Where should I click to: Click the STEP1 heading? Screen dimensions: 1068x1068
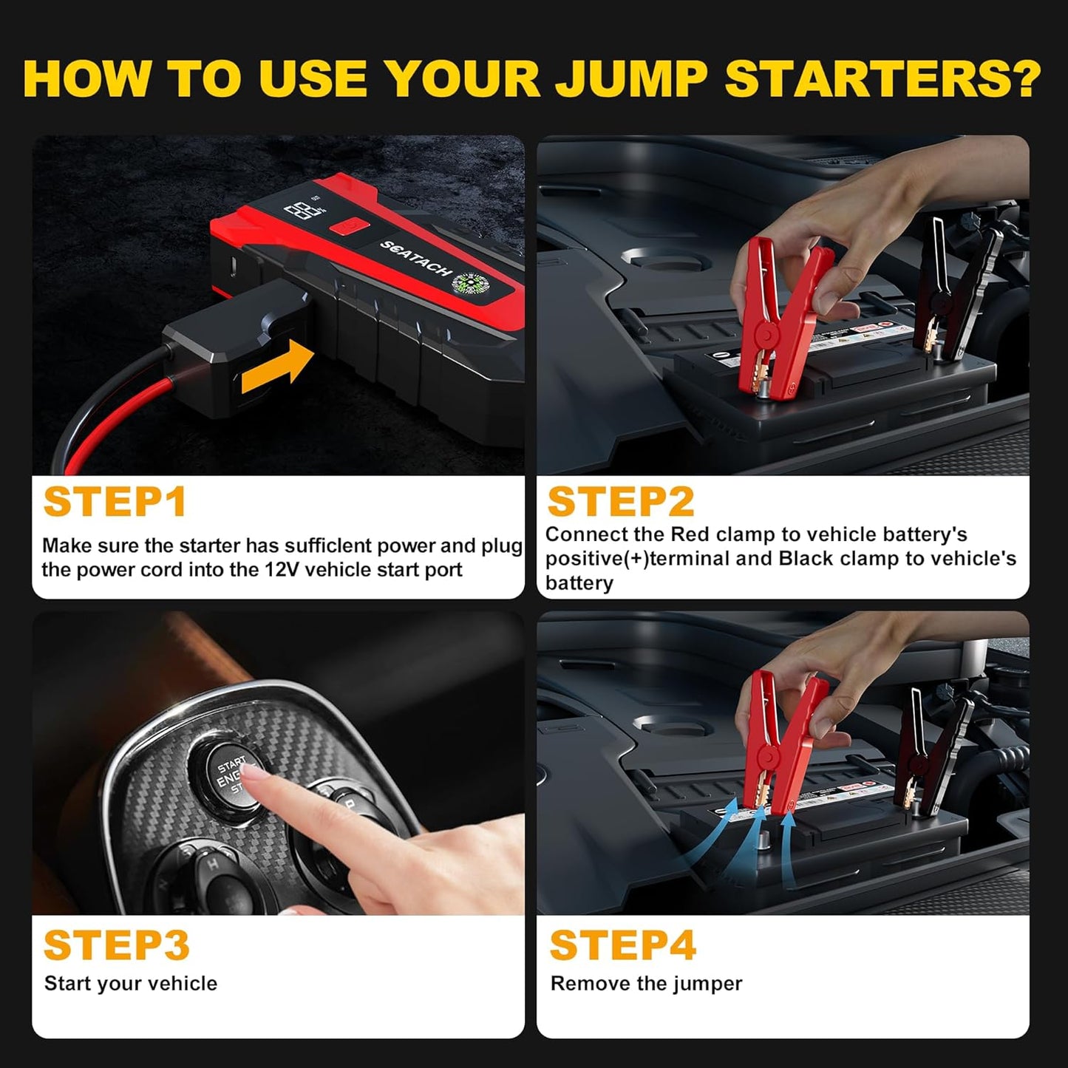[115, 503]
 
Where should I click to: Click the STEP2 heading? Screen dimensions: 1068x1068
[620, 502]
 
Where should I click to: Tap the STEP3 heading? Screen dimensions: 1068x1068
[117, 945]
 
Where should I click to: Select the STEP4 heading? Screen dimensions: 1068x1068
[622, 945]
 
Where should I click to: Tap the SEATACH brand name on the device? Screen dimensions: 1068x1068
[415, 259]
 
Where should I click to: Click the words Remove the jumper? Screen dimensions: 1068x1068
[646, 984]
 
